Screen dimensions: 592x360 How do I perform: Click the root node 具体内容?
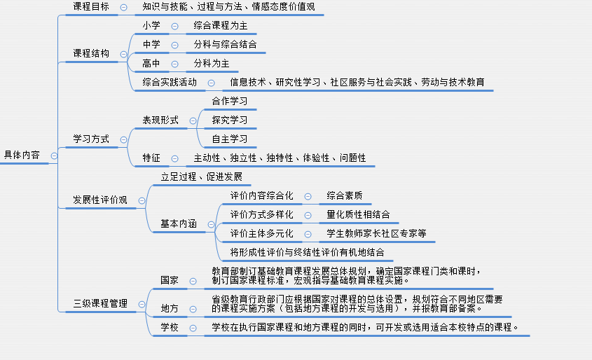tap(22, 155)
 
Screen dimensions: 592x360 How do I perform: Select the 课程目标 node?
tap(91, 6)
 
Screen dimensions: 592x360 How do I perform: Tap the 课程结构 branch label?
tap(91, 53)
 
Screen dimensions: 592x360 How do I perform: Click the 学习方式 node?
tap(91, 139)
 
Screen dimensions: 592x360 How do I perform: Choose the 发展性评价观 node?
tap(100, 200)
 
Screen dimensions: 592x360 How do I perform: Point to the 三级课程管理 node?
tap(100, 303)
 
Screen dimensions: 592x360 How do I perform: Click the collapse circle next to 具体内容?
tap(54, 156)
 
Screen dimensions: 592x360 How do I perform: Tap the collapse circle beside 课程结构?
tap(123, 55)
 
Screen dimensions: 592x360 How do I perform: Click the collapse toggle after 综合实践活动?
tap(212, 83)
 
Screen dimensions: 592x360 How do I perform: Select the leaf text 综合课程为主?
tap(221, 25)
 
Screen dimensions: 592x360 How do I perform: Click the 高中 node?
tap(151, 63)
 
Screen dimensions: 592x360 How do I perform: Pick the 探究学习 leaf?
tap(230, 120)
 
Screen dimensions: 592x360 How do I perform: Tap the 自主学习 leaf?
tap(230, 139)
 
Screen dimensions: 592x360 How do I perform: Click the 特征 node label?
tap(151, 158)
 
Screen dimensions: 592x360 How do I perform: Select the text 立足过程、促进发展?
tap(202, 176)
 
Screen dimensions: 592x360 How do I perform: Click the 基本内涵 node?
tap(179, 223)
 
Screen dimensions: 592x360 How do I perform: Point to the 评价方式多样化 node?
tap(261, 214)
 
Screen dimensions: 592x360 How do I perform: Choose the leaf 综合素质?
tap(344, 195)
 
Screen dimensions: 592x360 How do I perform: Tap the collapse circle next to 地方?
tap(193, 310)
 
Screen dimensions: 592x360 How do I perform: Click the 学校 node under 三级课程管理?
tap(169, 327)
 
